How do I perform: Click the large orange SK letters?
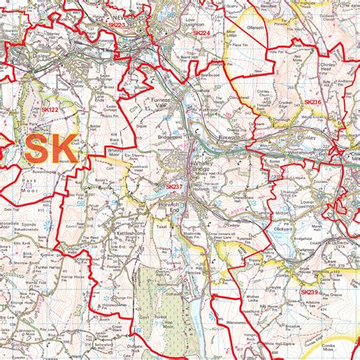51,147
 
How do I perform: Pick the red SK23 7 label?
175,186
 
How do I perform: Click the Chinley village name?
308,138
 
